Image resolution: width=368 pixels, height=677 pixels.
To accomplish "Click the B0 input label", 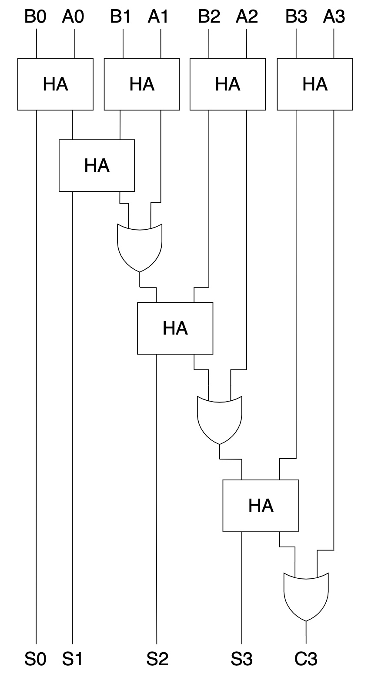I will point(36,17).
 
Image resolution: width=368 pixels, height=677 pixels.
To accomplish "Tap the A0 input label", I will point(73,17).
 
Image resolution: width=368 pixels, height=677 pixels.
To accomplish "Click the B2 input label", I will point(209,17).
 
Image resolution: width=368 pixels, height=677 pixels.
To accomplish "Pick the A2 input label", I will point(247,17).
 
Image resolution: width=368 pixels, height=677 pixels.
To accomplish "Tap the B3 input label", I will point(296,17).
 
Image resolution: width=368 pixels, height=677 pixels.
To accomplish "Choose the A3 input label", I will point(334,17).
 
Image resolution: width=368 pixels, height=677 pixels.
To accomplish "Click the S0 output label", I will point(35,660).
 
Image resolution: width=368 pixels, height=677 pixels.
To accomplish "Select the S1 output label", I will point(72,660).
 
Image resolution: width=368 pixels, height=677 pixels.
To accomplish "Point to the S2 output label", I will point(157,660).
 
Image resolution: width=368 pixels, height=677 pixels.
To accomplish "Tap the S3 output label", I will point(242,660).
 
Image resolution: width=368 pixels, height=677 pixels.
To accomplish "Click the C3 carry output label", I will point(306,660).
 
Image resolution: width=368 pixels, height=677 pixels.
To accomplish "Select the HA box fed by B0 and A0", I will point(55,84).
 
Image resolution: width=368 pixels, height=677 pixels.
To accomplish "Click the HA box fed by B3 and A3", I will point(315,84).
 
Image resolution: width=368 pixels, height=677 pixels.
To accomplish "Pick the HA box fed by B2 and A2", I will point(227,84).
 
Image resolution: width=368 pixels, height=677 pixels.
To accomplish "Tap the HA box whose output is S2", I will point(175,328).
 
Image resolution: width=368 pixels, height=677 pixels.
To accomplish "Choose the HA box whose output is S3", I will point(261,506).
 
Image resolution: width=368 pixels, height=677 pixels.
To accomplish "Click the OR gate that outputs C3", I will point(306,596).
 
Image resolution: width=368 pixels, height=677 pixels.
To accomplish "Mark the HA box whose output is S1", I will point(97,165).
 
